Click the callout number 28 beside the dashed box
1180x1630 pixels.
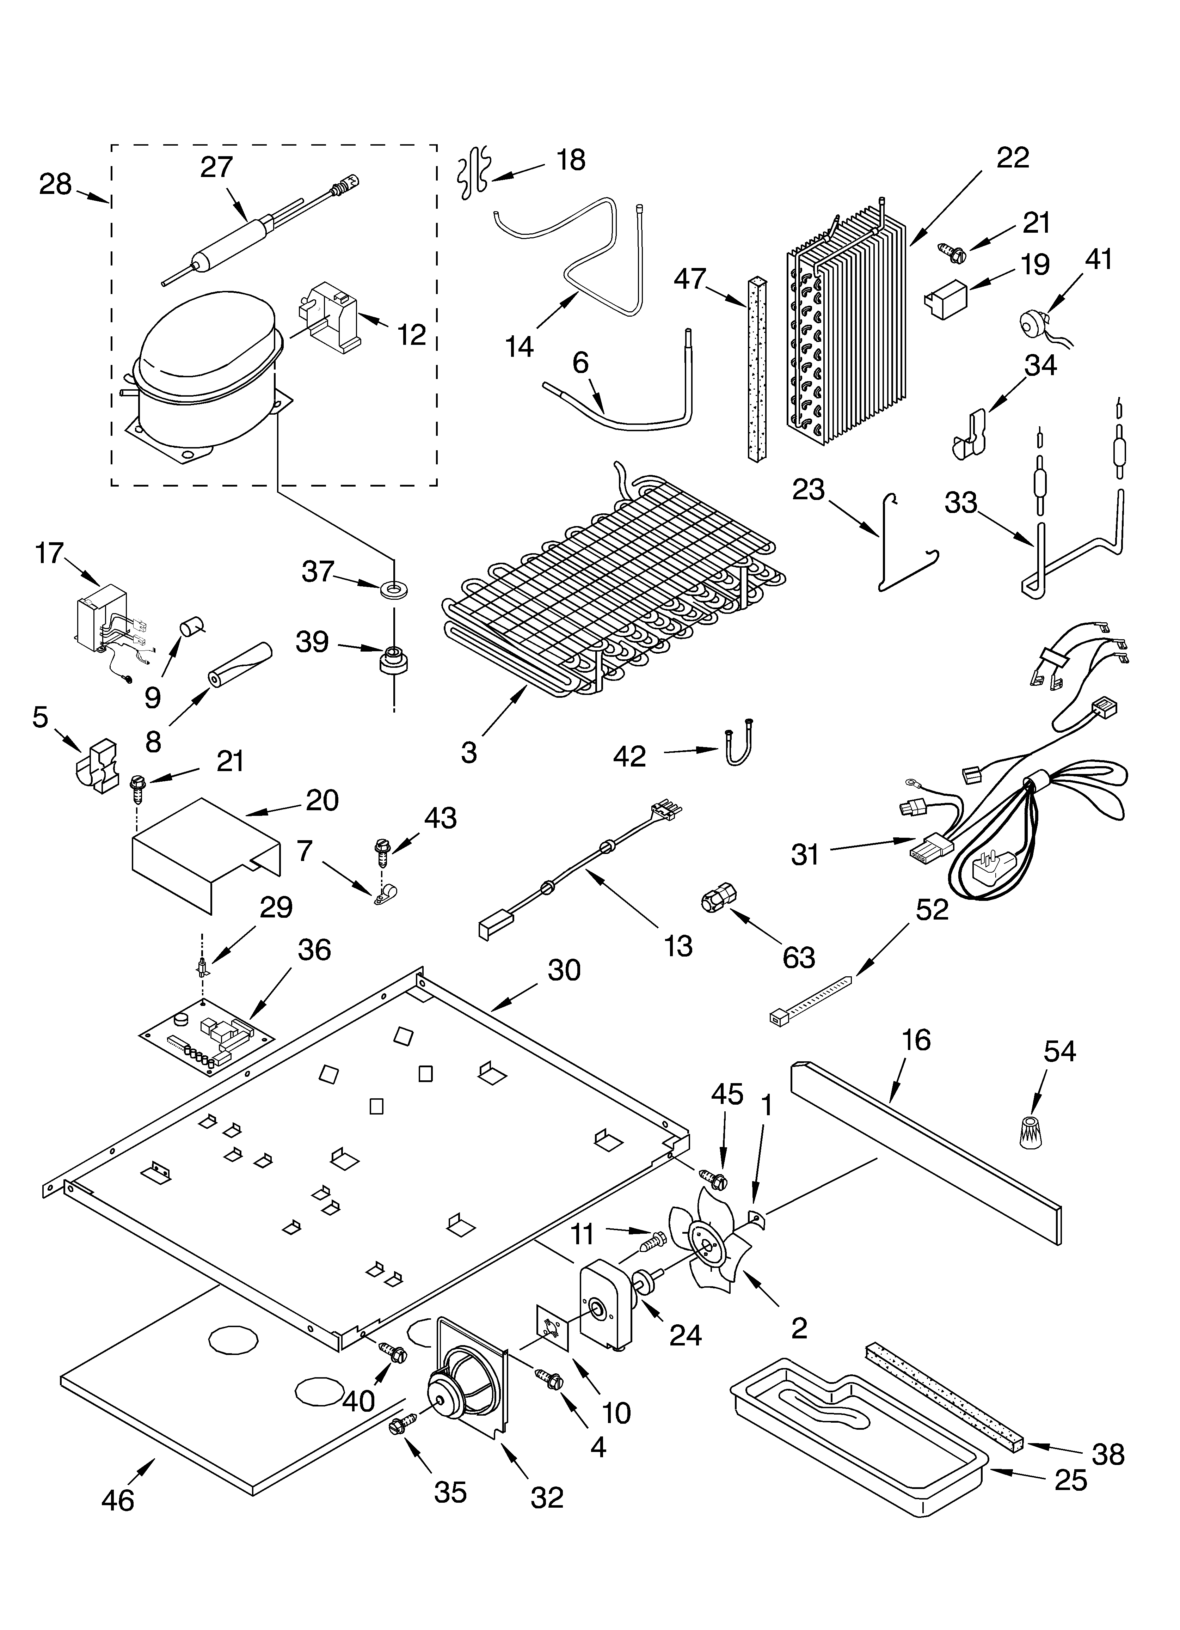[x=55, y=185]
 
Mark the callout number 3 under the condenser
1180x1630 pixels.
[x=468, y=752]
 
